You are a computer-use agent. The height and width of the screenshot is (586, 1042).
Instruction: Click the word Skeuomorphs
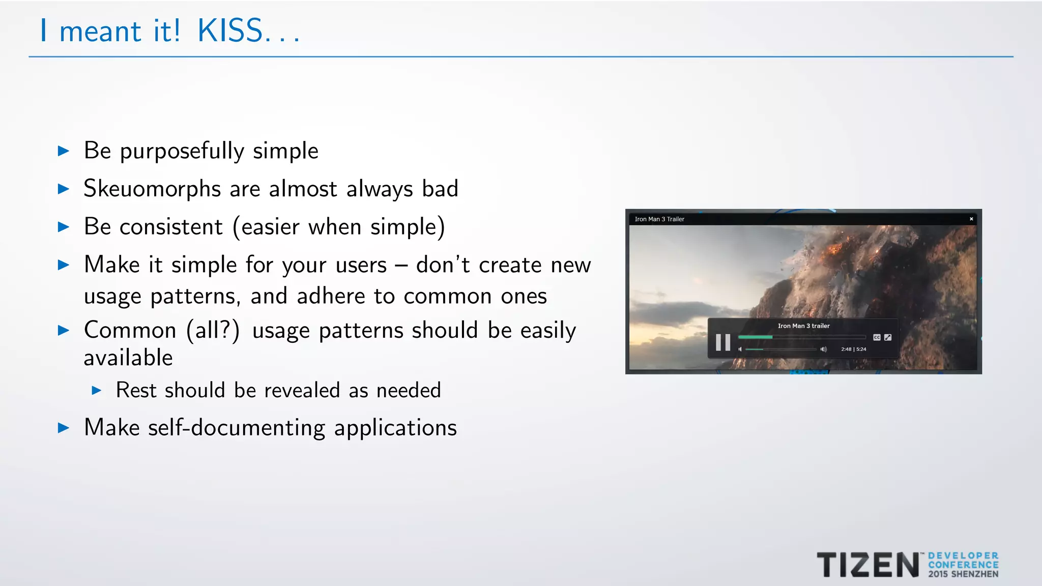click(152, 189)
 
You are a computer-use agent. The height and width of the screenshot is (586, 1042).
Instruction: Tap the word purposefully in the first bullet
click(182, 151)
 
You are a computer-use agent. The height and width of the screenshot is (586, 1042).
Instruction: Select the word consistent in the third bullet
click(171, 227)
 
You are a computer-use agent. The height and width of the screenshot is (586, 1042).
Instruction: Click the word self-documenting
click(236, 427)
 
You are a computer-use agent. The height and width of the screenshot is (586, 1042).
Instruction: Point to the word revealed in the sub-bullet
click(302, 390)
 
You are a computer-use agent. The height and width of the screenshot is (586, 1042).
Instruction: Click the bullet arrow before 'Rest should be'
click(97, 390)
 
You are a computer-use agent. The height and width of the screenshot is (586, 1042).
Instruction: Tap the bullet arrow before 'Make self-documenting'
click(64, 427)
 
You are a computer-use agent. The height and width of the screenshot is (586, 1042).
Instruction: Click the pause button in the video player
click(722, 342)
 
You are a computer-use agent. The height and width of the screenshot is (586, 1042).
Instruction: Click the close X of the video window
click(971, 219)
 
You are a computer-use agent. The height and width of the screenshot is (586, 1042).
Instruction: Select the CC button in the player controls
click(877, 337)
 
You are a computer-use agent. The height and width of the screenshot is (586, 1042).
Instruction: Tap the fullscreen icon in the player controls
click(888, 337)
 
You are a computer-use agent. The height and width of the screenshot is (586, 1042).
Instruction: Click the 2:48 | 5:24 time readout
click(853, 349)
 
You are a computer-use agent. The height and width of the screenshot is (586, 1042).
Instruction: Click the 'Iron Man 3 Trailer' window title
click(659, 219)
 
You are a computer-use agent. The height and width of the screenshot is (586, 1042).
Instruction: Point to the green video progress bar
click(756, 337)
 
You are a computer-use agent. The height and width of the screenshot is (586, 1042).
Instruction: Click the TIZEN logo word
click(868, 565)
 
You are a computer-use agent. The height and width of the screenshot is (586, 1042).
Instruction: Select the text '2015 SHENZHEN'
click(963, 574)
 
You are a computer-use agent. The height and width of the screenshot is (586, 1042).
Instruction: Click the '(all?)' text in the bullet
click(213, 331)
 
